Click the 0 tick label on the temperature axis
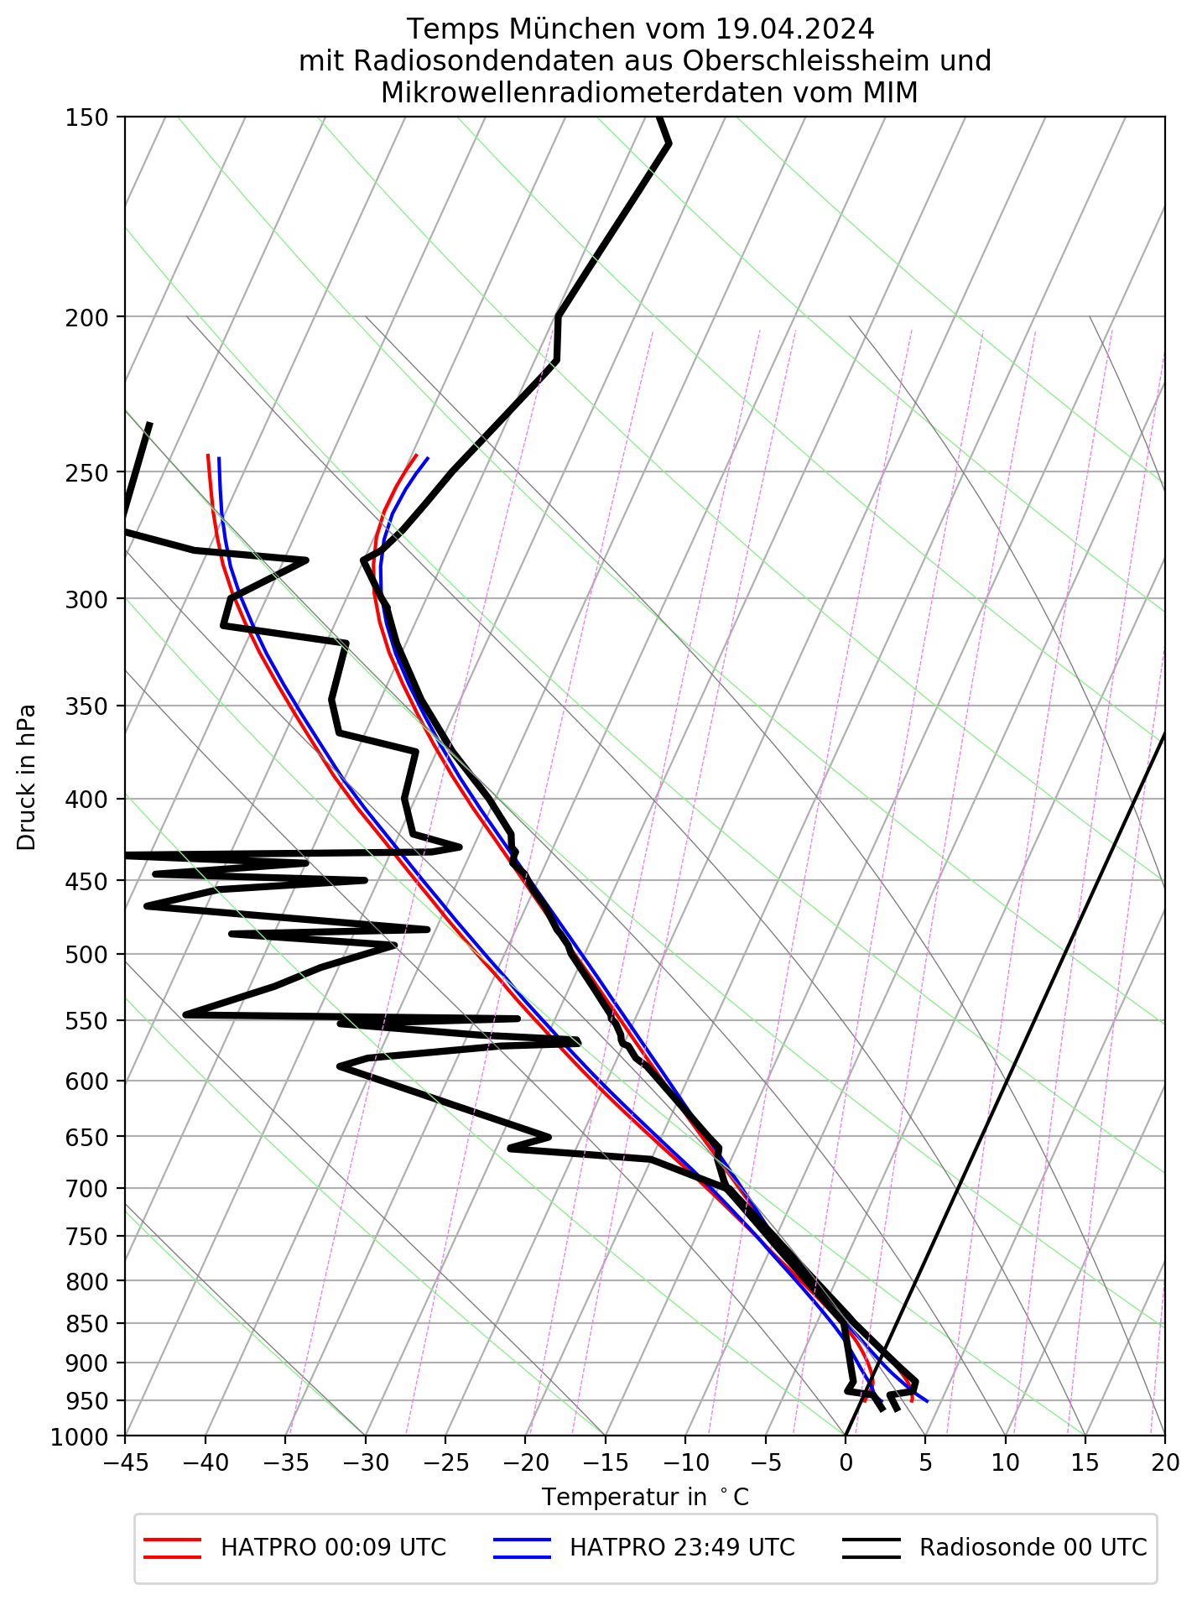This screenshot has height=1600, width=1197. pos(846,1463)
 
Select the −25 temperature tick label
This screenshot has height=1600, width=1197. pos(445,1463)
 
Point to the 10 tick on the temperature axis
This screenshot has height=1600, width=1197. pos(1006,1463)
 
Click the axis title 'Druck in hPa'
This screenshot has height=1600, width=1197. pos(27,777)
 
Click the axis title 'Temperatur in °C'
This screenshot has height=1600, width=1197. pos(645,1498)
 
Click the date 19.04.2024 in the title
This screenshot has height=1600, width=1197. pos(795,29)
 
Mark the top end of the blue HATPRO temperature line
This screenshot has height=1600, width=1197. pos(428,457)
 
